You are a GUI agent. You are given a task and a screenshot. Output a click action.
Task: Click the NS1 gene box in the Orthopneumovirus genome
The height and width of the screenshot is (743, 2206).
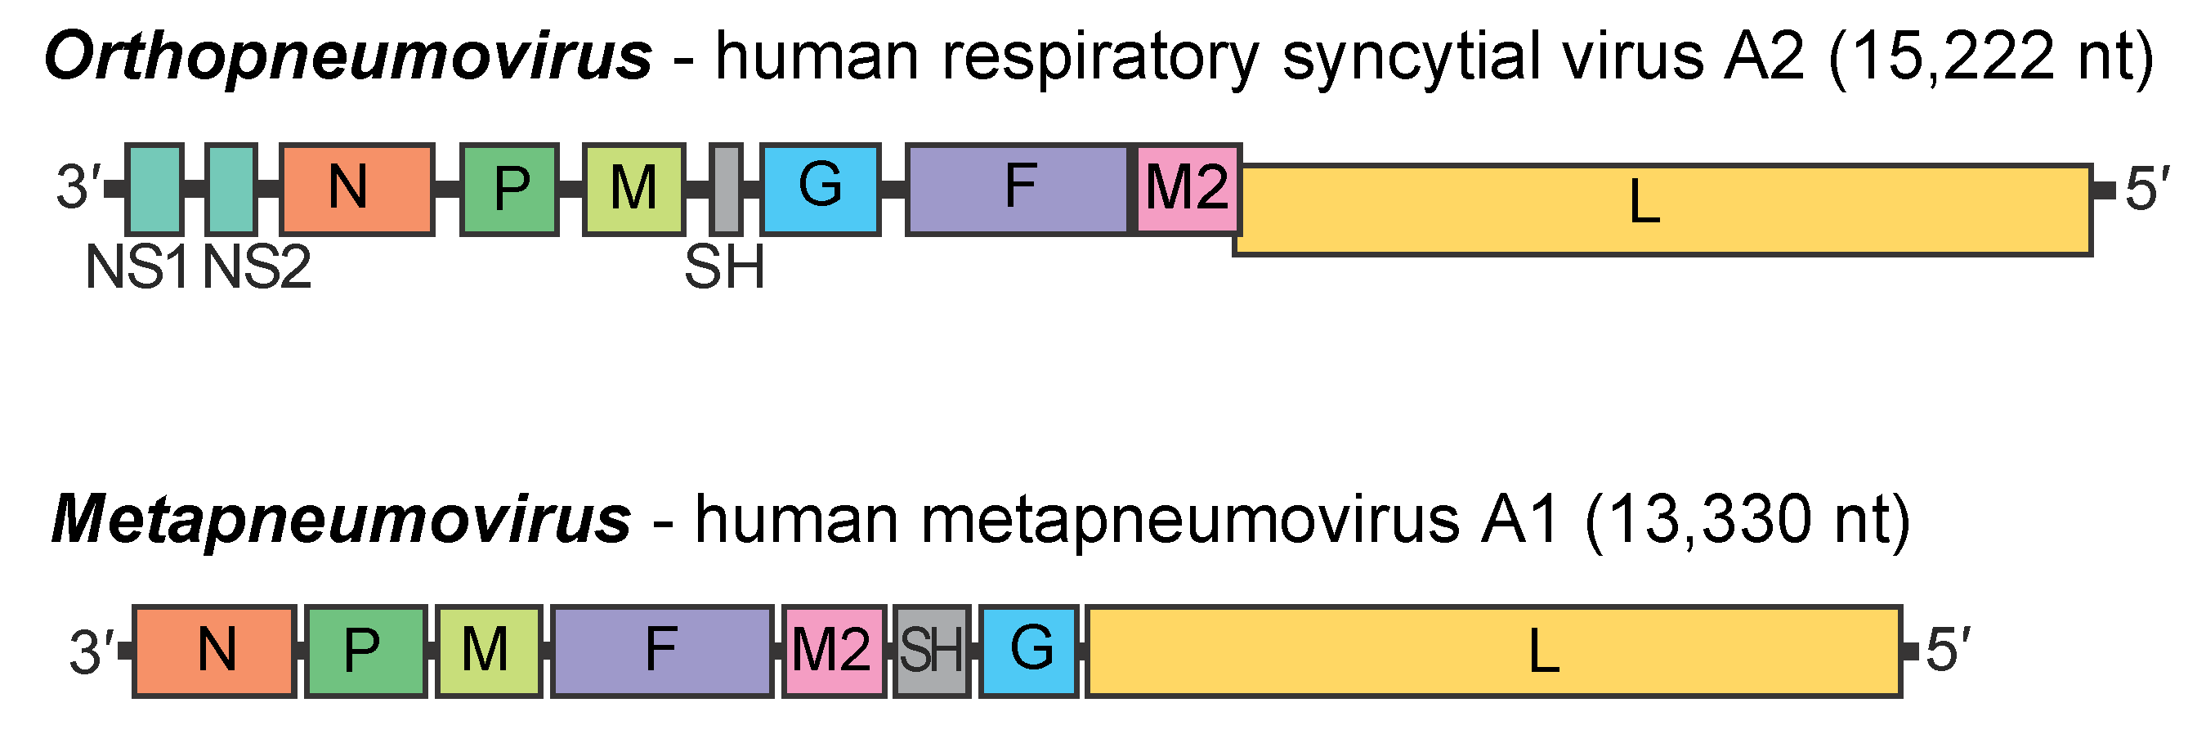pos(154,189)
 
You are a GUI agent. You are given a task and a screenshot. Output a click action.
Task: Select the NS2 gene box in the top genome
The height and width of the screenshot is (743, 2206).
pos(231,189)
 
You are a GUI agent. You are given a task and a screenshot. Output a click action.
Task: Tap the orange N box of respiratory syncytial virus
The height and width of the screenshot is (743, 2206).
pos(357,189)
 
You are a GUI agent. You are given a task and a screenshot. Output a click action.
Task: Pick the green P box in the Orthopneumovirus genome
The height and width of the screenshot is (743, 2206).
pos(509,189)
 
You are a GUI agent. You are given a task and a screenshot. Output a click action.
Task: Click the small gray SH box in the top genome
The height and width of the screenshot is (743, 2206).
pos(726,189)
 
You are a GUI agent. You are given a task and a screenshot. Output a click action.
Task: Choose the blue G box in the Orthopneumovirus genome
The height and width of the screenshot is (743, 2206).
pos(821,189)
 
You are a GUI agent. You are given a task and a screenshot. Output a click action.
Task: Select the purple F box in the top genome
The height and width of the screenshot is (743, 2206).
pos(1018,189)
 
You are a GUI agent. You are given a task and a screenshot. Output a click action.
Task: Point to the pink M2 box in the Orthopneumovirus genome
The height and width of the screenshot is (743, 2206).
pos(1188,189)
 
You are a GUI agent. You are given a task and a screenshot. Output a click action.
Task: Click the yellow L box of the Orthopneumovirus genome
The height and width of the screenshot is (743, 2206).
pos(1662,210)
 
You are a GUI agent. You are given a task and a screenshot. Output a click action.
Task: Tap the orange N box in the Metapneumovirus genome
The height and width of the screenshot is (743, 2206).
pos(215,651)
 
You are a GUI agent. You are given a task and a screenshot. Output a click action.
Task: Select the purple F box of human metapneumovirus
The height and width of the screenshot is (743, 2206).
pos(662,651)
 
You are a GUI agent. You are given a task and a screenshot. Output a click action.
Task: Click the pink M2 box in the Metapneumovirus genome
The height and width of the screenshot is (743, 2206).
pos(833,651)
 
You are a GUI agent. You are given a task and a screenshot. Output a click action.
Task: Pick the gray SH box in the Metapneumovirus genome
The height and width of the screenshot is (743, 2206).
pos(932,651)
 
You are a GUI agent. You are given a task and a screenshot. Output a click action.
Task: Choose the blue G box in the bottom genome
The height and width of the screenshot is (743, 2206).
pos(1028,651)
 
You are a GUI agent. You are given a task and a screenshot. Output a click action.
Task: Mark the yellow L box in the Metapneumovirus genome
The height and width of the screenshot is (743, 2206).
pos(1493,651)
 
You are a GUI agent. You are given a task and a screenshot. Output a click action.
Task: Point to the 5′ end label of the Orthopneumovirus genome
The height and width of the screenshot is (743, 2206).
pos(2147,189)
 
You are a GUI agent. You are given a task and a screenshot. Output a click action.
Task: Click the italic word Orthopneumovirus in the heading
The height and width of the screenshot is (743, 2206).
pos(347,56)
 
